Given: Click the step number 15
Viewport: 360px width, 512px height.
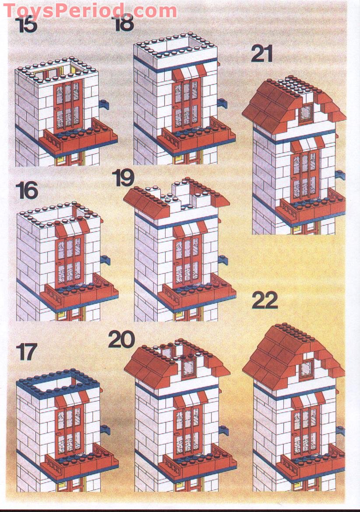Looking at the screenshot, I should coord(28,25).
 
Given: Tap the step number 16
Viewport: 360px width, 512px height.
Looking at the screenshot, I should coord(27,191).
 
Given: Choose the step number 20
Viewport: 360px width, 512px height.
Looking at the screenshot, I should coord(121,339).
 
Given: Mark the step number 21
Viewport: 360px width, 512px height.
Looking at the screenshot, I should coord(262,54).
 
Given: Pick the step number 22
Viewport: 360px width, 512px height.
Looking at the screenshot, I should coord(265,301).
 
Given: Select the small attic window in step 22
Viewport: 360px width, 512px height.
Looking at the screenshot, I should coord(306,368).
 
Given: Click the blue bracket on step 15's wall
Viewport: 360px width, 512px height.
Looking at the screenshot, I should coord(105,104).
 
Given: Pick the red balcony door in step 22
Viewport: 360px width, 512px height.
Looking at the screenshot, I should coord(306,431).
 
